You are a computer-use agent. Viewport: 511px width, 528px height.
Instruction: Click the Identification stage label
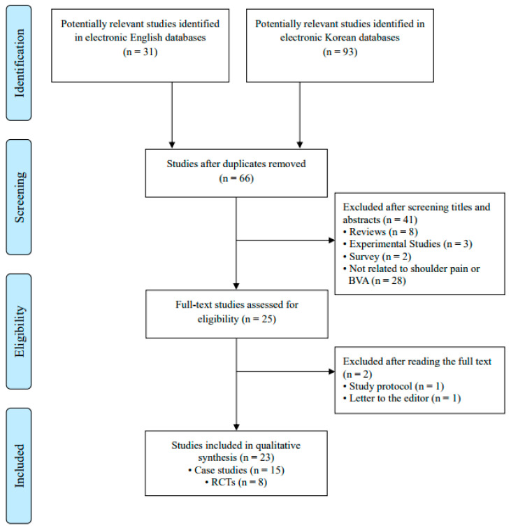pos(20,63)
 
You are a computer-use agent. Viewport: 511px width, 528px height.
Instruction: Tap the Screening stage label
pos(20,197)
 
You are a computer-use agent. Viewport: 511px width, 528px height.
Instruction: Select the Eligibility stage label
pos(20,331)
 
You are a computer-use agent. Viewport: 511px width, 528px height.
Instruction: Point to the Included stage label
pos(20,466)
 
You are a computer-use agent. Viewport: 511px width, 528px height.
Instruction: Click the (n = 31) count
pos(140,52)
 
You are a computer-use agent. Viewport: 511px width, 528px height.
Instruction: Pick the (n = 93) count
pos(340,52)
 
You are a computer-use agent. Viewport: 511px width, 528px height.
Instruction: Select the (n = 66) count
pos(236,178)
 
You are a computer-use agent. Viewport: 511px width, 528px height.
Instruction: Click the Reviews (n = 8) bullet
pos(380,232)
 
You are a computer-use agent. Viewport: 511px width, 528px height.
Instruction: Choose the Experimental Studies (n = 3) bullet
pos(408,244)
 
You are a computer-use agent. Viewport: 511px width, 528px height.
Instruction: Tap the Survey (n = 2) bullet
pos(377,257)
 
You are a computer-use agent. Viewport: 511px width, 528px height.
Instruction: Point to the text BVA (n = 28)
pos(377,280)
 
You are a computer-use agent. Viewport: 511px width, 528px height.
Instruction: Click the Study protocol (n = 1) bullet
pos(394,386)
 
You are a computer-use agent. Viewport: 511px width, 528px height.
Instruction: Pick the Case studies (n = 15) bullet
pos(236,470)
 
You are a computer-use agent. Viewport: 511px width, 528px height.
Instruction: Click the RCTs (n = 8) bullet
pos(236,483)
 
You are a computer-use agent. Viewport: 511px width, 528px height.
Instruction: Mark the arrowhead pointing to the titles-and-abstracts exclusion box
pos(331,240)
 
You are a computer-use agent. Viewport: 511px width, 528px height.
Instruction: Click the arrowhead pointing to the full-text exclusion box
pos(331,371)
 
